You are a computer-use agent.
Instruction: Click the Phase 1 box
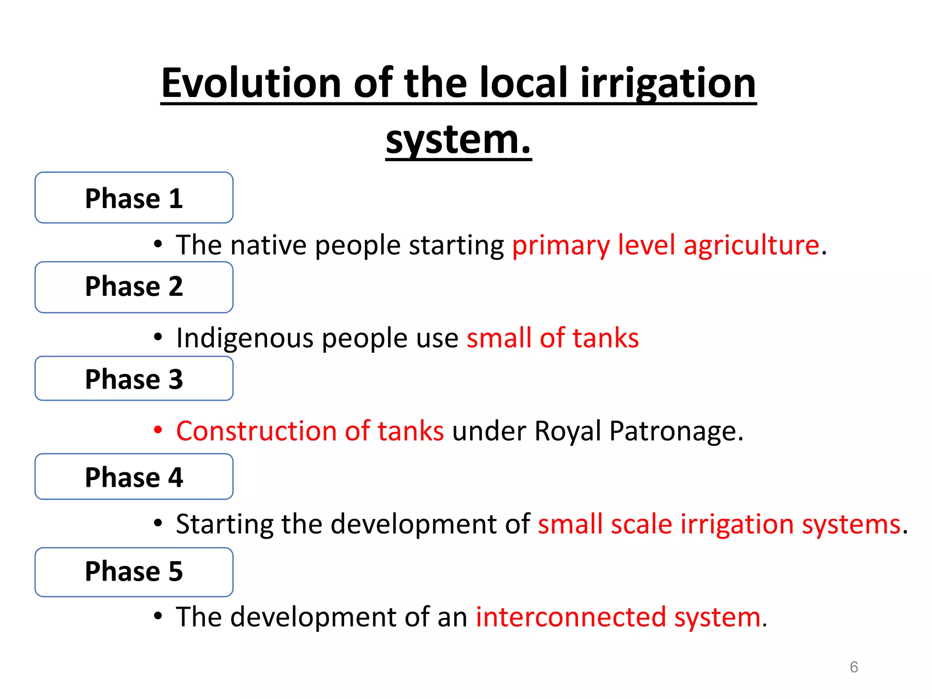(134, 198)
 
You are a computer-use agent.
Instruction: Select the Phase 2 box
(134, 287)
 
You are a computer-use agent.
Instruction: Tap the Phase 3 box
(134, 379)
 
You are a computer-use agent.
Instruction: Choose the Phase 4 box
(134, 476)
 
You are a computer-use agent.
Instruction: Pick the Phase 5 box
(134, 572)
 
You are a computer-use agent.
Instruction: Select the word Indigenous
(245, 339)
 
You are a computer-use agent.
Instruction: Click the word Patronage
(676, 431)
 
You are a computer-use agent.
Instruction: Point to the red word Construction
(256, 431)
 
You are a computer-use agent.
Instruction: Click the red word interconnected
(571, 617)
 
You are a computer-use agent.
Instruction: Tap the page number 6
(854, 667)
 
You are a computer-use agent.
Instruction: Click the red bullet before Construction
(158, 430)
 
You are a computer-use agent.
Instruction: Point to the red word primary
(561, 246)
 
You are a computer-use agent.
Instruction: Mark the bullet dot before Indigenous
(158, 337)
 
